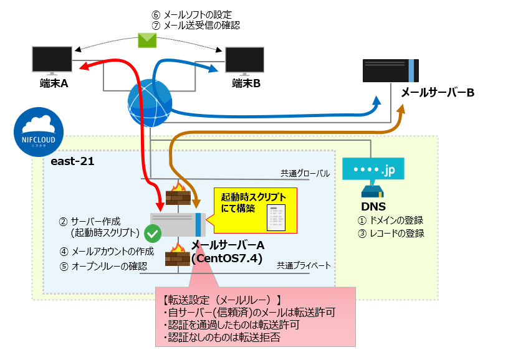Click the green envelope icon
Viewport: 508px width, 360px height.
pos(147,41)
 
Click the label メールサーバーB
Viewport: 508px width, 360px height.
pos(438,93)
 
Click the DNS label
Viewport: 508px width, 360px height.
pos(373,206)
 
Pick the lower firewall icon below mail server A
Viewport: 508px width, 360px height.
pos(177,255)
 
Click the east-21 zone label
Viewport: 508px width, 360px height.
pos(68,161)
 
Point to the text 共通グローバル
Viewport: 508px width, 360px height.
pos(304,174)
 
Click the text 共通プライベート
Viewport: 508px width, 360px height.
pos(304,265)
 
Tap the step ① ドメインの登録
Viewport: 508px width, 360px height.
pos(390,220)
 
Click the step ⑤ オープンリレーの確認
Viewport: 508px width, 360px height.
pos(103,267)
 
